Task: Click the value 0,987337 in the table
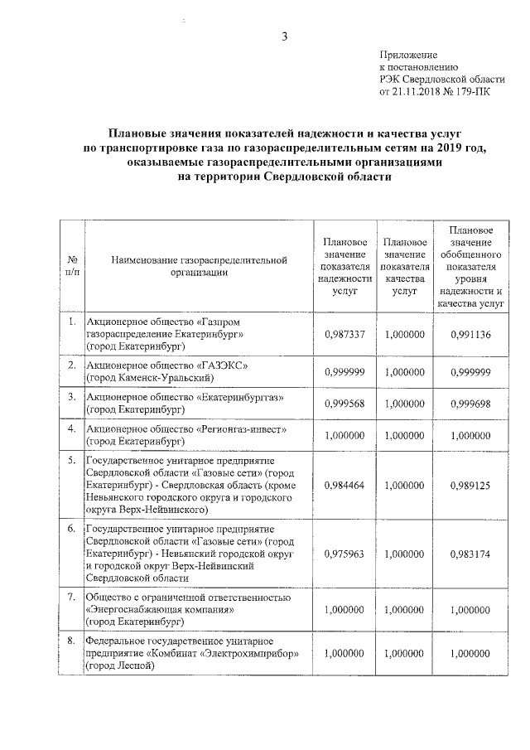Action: click(x=344, y=334)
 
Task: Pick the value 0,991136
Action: click(x=470, y=334)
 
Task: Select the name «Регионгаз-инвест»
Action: click(x=240, y=429)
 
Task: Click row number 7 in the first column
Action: click(x=72, y=597)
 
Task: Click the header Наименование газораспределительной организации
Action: click(x=198, y=266)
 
